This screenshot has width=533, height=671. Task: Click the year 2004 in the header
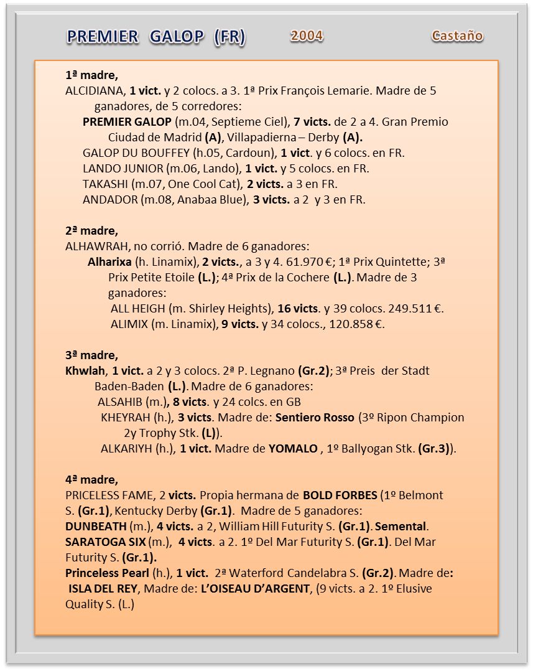point(307,36)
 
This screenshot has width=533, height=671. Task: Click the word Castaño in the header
point(457,36)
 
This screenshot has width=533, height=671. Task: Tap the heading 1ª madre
point(91,75)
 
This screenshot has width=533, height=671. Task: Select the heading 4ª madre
point(91,480)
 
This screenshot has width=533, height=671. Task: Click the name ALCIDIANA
point(95,91)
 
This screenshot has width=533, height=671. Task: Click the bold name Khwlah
point(86,371)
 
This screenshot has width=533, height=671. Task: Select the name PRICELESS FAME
point(108,495)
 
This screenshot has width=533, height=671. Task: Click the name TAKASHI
point(104,184)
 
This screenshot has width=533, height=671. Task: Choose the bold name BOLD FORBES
point(340,495)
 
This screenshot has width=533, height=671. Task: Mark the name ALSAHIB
point(120,402)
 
